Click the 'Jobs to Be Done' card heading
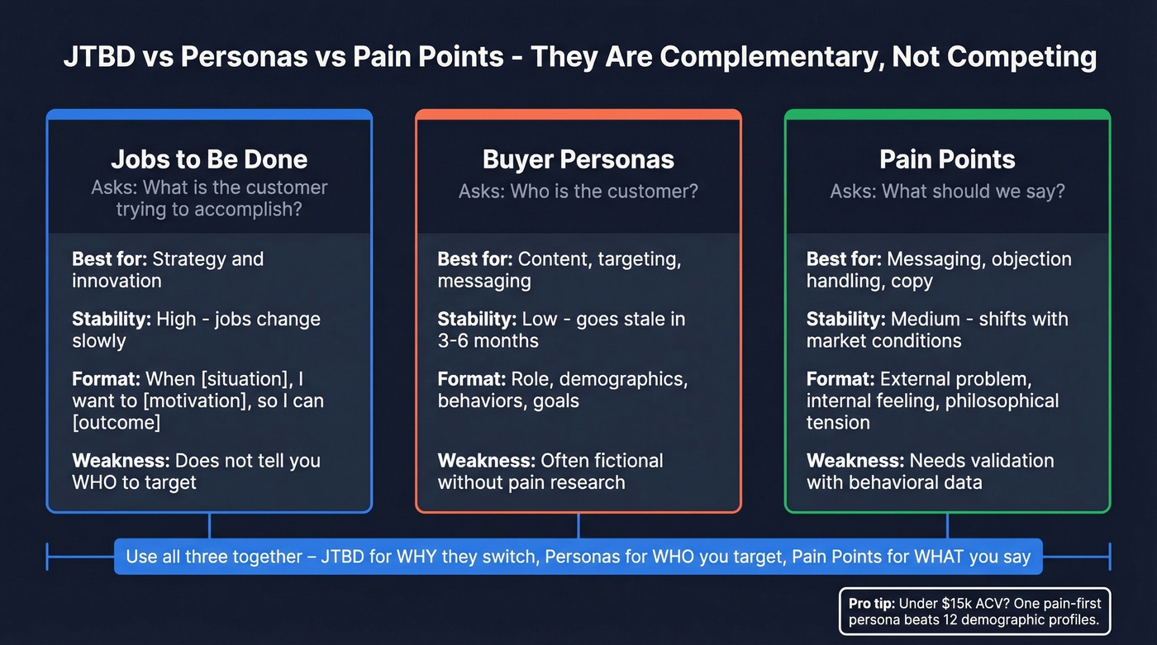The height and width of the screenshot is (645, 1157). click(x=209, y=159)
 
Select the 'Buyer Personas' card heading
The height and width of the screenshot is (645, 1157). click(x=578, y=159)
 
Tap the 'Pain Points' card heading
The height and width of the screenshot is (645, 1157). click(x=947, y=159)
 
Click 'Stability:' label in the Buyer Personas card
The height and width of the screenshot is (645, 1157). click(x=476, y=319)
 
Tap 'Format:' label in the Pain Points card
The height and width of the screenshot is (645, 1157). click(x=840, y=380)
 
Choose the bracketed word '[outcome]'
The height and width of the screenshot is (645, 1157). click(x=116, y=422)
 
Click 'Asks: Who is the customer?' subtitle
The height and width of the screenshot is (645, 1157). click(x=578, y=192)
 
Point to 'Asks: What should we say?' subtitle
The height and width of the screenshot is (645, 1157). click(x=947, y=192)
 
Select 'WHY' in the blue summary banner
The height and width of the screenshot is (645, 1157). click(x=424, y=557)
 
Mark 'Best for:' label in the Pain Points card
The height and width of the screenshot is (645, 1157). click(x=844, y=258)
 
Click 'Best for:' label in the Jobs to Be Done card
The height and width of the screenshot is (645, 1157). click(x=109, y=258)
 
